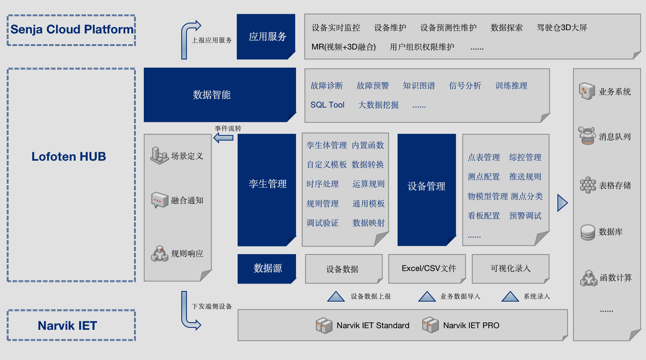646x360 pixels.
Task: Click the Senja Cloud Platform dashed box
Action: [x=71, y=30]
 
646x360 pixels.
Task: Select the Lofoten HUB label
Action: [x=69, y=157]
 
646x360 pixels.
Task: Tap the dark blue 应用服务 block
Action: [x=266, y=37]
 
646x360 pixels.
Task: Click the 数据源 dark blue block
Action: [x=267, y=268]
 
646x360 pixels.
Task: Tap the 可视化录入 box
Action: [x=510, y=269]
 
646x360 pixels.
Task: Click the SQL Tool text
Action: [x=327, y=105]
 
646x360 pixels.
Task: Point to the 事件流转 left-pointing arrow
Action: [x=223, y=138]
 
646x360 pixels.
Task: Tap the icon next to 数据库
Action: [x=588, y=232]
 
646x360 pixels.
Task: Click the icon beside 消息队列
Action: [x=587, y=136]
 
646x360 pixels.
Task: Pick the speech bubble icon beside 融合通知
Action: [x=159, y=200]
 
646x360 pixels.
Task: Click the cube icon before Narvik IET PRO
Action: [x=430, y=325]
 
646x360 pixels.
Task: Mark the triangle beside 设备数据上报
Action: [x=336, y=297]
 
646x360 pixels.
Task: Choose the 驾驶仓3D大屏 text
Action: [x=562, y=28]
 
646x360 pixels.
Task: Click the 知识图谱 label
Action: [x=419, y=86]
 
